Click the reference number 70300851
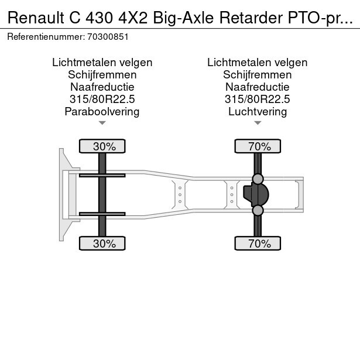click(x=108, y=36)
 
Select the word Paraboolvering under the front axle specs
click(x=102, y=111)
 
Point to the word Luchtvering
click(x=258, y=111)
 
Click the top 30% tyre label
click(x=104, y=146)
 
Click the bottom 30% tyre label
click(x=104, y=244)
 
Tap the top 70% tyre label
click(x=259, y=146)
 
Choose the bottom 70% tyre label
click(x=259, y=244)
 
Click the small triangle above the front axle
click(x=102, y=123)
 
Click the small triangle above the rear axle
click(x=258, y=123)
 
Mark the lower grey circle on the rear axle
click(x=258, y=211)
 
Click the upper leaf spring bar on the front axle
click(x=102, y=174)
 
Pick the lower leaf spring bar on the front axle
click(x=102, y=214)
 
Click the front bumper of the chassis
click(x=61, y=194)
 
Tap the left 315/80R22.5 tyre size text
click(x=102, y=99)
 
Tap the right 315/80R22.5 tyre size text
click(x=258, y=99)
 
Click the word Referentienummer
click(x=46, y=36)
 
